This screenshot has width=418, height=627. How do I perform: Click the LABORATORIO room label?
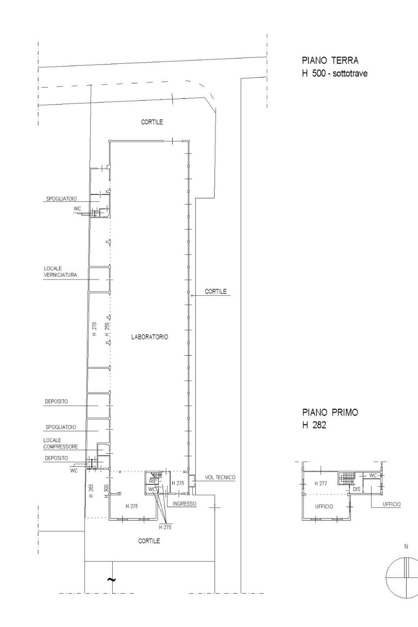tap(149, 337)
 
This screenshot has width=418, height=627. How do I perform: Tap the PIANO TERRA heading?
tap(330, 60)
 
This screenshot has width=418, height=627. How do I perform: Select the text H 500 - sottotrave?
tap(335, 73)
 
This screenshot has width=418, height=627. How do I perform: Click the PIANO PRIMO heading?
tap(330, 412)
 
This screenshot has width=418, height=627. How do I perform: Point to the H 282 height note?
tap(314, 425)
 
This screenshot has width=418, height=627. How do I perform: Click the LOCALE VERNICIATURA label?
tap(60, 271)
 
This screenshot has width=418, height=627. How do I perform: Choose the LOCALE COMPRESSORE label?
tap(60, 443)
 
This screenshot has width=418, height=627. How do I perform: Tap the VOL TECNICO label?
tap(220, 477)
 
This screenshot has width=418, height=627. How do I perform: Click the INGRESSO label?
tap(184, 504)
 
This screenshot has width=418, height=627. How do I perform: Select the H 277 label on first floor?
tap(320, 483)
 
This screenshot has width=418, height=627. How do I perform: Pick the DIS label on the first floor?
tap(356, 489)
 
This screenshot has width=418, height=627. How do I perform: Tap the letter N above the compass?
tap(406, 547)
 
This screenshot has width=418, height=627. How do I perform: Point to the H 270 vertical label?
tap(94, 329)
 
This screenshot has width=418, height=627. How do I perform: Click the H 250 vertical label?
tap(107, 329)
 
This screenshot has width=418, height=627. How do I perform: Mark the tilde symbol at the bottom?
tap(112, 579)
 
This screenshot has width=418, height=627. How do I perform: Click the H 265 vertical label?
tap(91, 491)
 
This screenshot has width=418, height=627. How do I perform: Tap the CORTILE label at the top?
tap(152, 122)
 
